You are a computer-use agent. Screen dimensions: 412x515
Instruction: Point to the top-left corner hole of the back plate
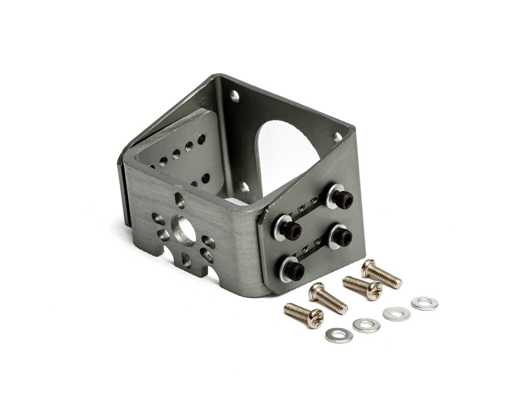click(234, 95)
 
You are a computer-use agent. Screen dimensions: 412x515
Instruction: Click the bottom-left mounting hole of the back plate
click(244, 187)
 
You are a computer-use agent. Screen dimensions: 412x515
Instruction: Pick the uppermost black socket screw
click(344, 199)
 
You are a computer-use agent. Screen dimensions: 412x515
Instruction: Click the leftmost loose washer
click(339, 335)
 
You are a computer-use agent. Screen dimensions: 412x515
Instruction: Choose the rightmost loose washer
click(424, 303)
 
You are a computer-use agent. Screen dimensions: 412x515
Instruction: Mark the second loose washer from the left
click(366, 325)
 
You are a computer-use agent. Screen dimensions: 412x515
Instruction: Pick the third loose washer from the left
click(396, 314)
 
